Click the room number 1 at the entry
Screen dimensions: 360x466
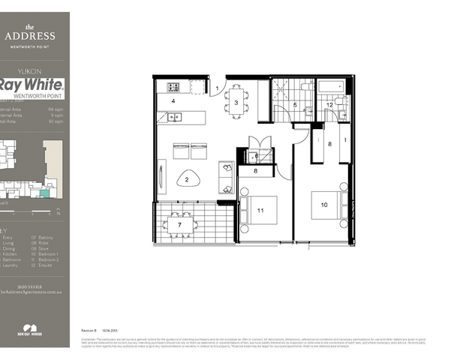click(x=218, y=89)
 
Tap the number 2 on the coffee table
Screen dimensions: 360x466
click(x=188, y=180)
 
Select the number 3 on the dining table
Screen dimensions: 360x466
click(x=236, y=103)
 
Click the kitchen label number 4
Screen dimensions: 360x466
click(x=173, y=100)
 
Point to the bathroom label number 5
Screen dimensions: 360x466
click(x=296, y=105)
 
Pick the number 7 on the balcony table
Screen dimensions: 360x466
click(x=179, y=225)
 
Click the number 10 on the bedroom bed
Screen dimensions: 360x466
click(x=324, y=204)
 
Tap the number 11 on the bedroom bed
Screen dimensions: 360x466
click(x=260, y=211)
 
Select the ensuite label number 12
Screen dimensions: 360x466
click(x=330, y=105)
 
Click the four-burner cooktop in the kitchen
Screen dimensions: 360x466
click(x=171, y=86)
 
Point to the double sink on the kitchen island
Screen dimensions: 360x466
click(x=174, y=116)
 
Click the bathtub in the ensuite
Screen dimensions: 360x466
click(x=331, y=87)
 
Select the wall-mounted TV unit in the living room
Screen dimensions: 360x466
click(x=161, y=178)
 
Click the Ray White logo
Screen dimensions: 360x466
click(x=33, y=88)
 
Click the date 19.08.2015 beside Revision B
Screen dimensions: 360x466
click(x=110, y=329)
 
